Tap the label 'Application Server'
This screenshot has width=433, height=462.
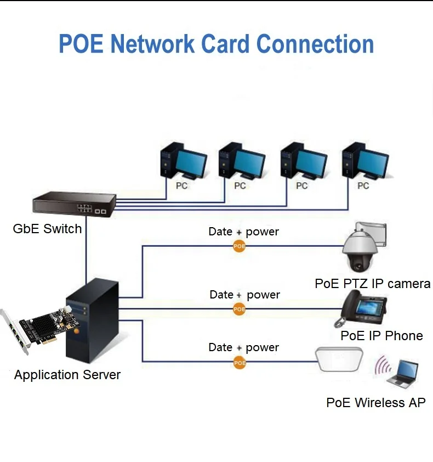click(67, 375)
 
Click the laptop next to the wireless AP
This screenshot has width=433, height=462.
click(403, 373)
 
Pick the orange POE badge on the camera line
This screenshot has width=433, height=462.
click(239, 246)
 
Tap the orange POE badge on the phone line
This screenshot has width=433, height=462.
click(240, 309)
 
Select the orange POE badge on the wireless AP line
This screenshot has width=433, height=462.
click(240, 362)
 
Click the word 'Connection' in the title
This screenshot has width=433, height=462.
click(315, 44)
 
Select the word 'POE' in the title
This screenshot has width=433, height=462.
click(81, 44)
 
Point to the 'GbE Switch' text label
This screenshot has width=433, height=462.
click(47, 229)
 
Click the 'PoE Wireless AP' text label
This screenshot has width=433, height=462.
click(375, 403)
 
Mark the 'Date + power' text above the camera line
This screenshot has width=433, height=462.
click(243, 232)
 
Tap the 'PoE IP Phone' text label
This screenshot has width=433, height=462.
click(381, 336)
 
